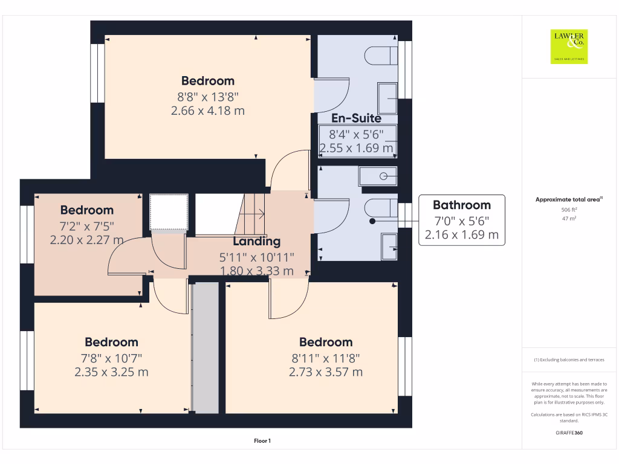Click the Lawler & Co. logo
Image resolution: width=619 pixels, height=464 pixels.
pos(569,47)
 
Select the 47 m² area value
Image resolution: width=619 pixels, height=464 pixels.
pos(569,219)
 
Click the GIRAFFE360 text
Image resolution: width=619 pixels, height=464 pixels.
pos(569,433)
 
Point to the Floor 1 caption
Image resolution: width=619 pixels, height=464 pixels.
pos(262,441)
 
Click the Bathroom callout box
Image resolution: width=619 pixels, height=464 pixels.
pos(461,220)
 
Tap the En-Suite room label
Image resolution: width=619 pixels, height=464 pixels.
pos(356,118)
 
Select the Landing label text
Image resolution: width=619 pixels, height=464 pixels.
pos(256,241)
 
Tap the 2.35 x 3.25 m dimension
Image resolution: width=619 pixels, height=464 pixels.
pos(111,372)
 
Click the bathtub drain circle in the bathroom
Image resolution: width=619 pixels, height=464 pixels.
pos(384,176)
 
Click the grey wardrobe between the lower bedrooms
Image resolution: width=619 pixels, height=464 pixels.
pos(205,347)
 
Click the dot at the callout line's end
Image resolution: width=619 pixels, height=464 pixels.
pos(372,221)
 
